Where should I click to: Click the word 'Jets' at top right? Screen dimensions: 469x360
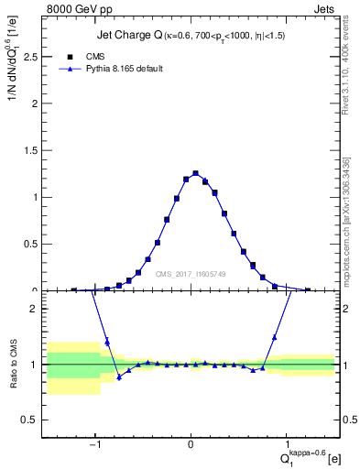point(324,10)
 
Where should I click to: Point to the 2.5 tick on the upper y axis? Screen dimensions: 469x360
point(35,57)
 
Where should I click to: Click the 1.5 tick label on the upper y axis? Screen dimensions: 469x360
point(35,150)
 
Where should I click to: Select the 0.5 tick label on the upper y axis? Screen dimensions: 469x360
point(35,245)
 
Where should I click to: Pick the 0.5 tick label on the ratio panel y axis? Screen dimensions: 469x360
point(35,420)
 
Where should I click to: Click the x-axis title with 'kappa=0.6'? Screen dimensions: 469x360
point(303,455)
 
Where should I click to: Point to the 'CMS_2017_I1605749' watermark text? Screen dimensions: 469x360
point(191,274)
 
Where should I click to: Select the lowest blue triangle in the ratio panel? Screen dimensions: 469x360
point(119,377)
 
